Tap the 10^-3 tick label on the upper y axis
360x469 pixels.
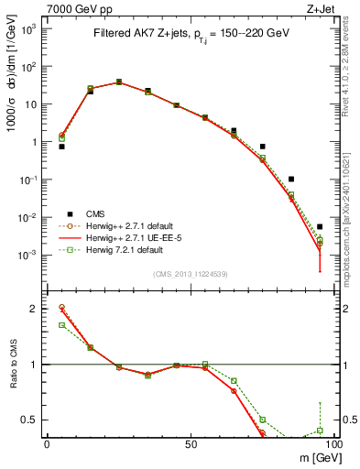coord(29,256)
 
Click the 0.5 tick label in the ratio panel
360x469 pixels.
coord(30,420)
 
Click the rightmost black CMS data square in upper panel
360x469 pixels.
coord(320,226)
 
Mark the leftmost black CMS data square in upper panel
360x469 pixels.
coord(61,146)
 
